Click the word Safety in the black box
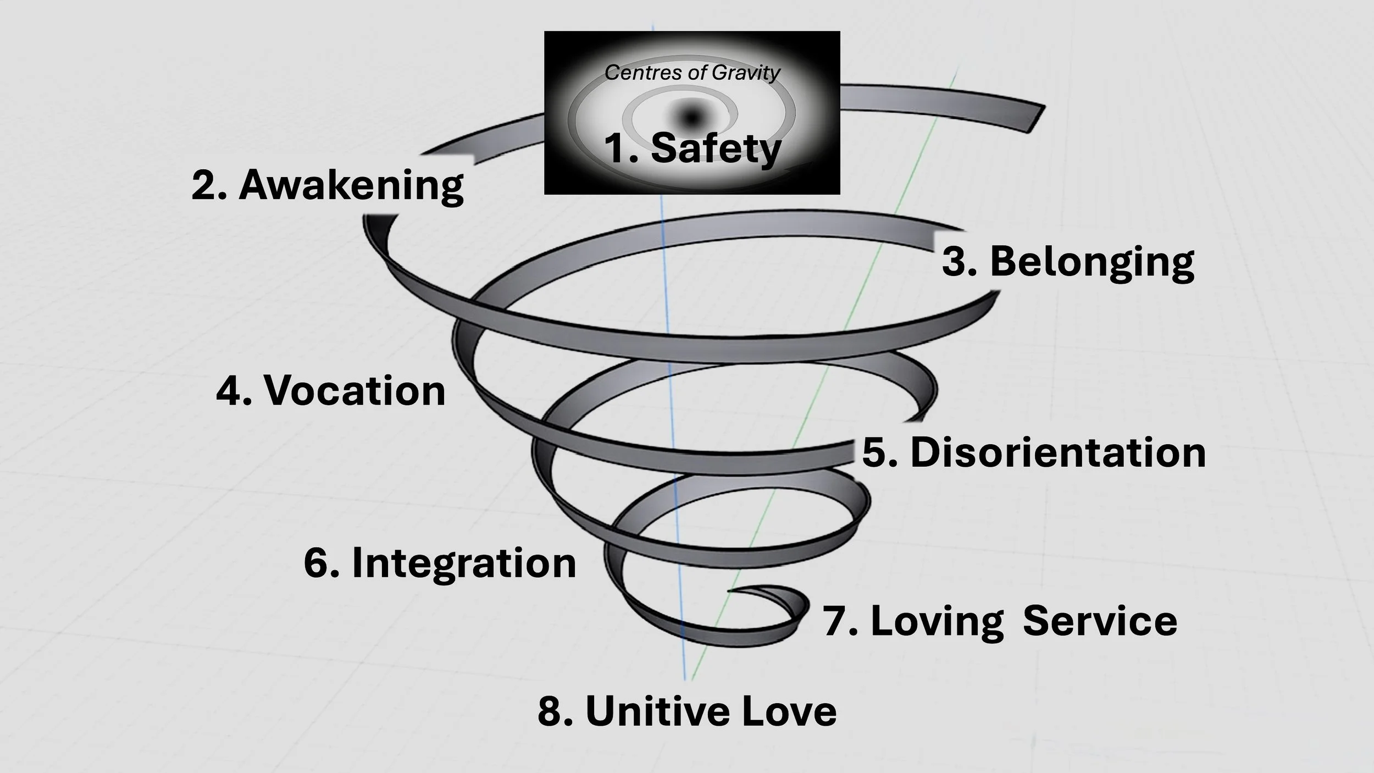pyautogui.click(x=716, y=148)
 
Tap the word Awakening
pyautogui.click(x=351, y=185)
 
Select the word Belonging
pyautogui.click(x=1092, y=262)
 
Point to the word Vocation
pyautogui.click(x=355, y=391)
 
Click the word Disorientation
pyautogui.click(x=1058, y=453)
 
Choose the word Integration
pyautogui.click(x=464, y=564)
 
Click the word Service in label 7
pyautogui.click(x=1100, y=621)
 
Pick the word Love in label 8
pyautogui.click(x=789, y=711)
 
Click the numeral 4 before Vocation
pyautogui.click(x=228, y=391)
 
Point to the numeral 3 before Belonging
pyautogui.click(x=955, y=262)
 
